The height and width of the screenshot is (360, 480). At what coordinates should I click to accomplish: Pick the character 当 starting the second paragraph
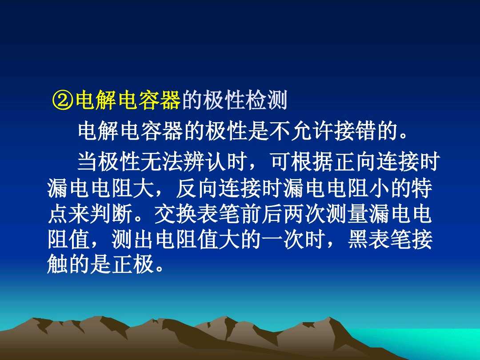[88, 162]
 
